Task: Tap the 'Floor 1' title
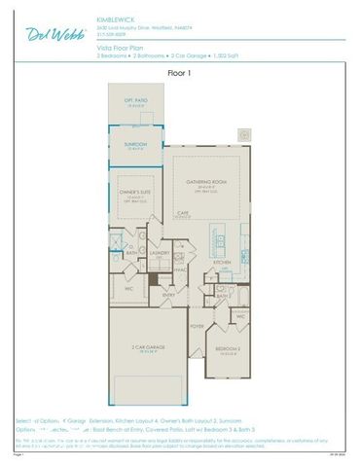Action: click(x=180, y=72)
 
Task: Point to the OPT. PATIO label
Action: click(x=134, y=101)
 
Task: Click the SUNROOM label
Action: click(x=134, y=144)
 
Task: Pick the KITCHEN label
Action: click(x=222, y=262)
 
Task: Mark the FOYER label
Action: click(x=198, y=327)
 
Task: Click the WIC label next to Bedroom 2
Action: click(x=240, y=316)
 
